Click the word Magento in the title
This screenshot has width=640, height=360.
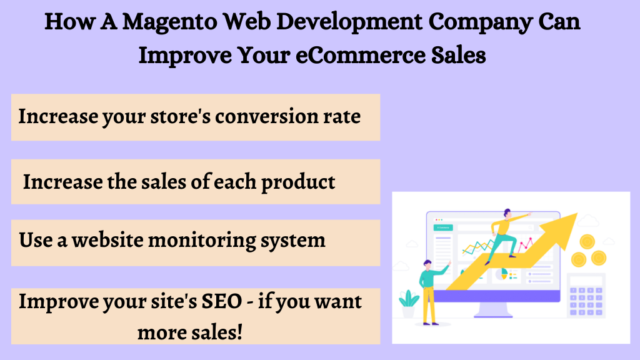[x=170, y=22]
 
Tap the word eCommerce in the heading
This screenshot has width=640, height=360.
[x=360, y=55]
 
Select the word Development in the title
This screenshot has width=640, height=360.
[x=349, y=22]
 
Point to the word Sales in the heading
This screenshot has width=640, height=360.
[x=458, y=55]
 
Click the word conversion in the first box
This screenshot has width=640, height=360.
[x=266, y=117]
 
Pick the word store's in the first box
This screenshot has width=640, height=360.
[x=181, y=117]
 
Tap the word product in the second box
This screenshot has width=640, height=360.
[x=298, y=182]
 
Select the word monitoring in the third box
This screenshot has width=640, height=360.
[x=202, y=241]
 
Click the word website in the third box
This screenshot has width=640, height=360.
[x=107, y=240]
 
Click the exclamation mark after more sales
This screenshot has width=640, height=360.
[x=239, y=331]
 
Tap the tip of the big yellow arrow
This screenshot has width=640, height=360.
[x=577, y=213]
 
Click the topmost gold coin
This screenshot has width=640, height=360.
[x=587, y=242]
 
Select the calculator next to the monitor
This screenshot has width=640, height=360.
[x=586, y=296]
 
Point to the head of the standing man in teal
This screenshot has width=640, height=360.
[x=427, y=264]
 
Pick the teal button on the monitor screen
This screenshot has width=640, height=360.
[x=443, y=227]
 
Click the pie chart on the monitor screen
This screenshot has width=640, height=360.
[x=502, y=274]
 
